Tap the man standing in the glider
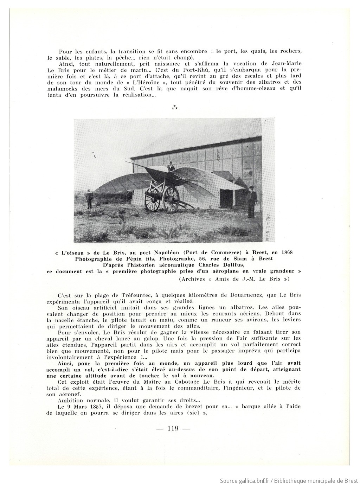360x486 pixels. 171,166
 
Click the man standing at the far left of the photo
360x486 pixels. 89,199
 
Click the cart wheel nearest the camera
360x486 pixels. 171,199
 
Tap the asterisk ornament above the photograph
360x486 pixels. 174,108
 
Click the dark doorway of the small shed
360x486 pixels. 225,199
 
